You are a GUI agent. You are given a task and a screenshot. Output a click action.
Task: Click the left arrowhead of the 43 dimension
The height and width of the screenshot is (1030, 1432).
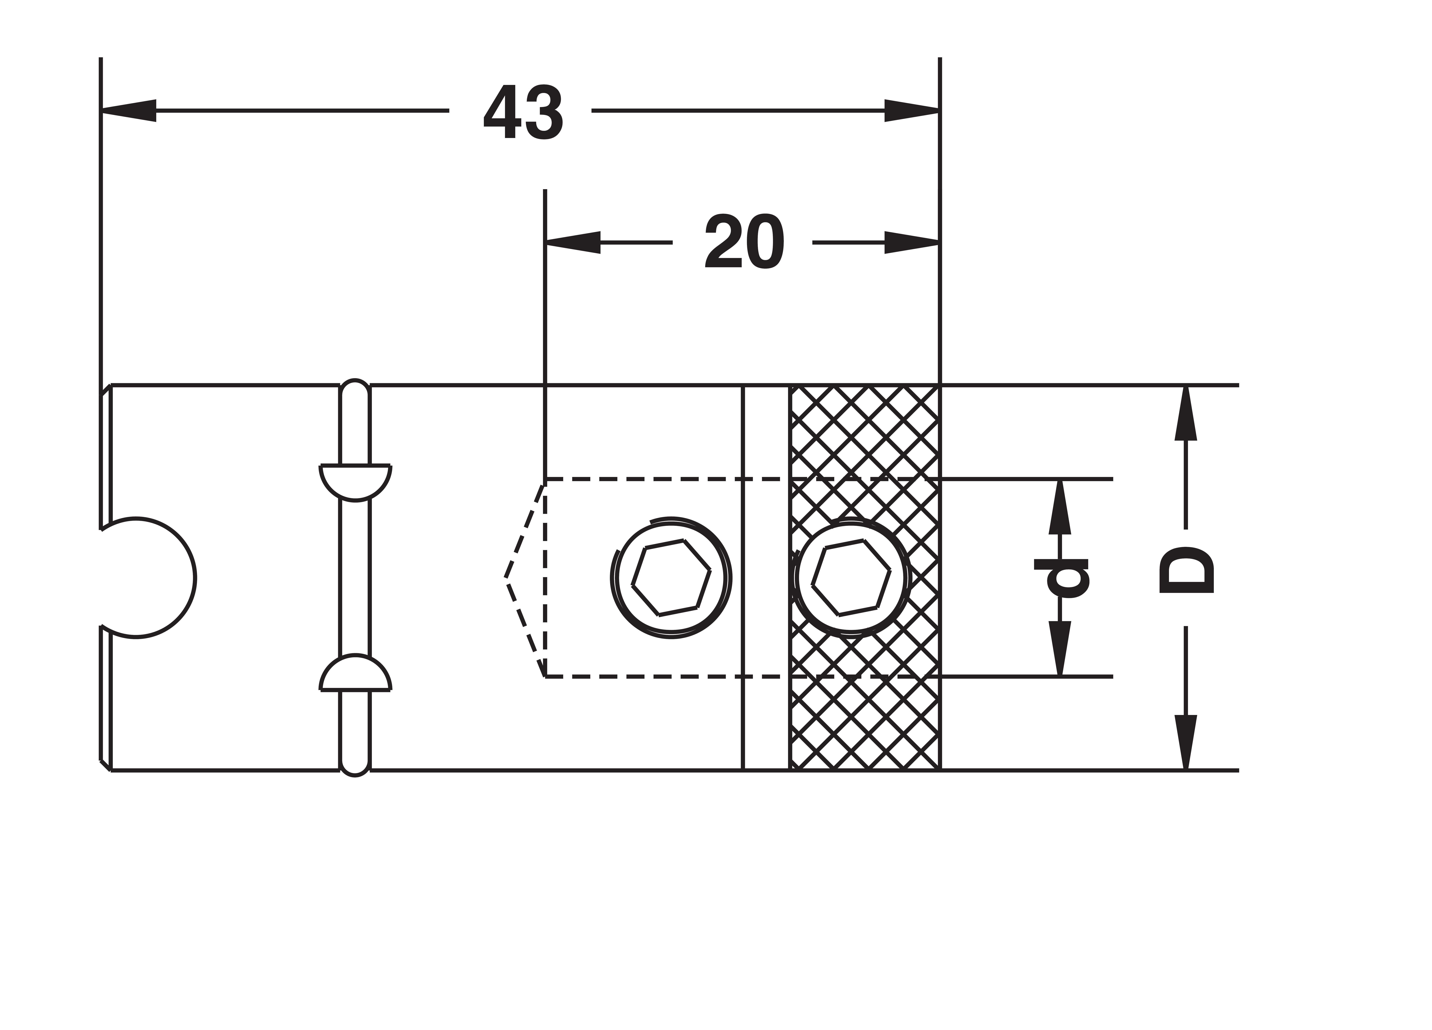[128, 110]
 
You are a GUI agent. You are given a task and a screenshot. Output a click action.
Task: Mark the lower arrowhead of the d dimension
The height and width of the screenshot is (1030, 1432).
[1060, 649]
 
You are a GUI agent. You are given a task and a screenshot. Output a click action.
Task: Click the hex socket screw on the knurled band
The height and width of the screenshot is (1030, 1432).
[851, 578]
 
